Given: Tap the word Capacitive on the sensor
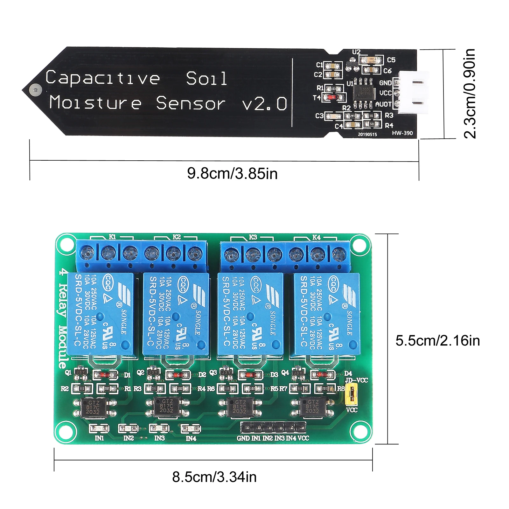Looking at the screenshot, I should click(x=102, y=78).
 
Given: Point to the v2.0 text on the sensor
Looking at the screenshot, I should click(x=264, y=104).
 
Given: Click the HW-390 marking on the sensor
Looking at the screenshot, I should click(x=402, y=133).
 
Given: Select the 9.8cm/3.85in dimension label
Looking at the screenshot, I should click(x=232, y=174).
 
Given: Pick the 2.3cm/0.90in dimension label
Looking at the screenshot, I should click(x=470, y=94).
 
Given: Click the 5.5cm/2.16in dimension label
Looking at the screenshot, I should click(x=437, y=341).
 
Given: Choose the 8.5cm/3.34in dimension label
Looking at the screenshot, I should click(x=214, y=477).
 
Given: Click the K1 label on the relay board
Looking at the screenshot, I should click(x=112, y=237).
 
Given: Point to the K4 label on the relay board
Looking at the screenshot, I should click(x=316, y=237).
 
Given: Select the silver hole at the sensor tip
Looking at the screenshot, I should click(x=35, y=90).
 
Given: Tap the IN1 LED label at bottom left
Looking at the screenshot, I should click(x=99, y=438).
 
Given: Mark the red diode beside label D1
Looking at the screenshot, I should click(x=105, y=375).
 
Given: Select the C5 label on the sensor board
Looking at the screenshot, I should click(x=391, y=60).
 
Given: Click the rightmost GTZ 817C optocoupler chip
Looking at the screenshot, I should click(x=312, y=407).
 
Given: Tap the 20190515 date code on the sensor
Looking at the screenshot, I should click(x=367, y=134).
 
